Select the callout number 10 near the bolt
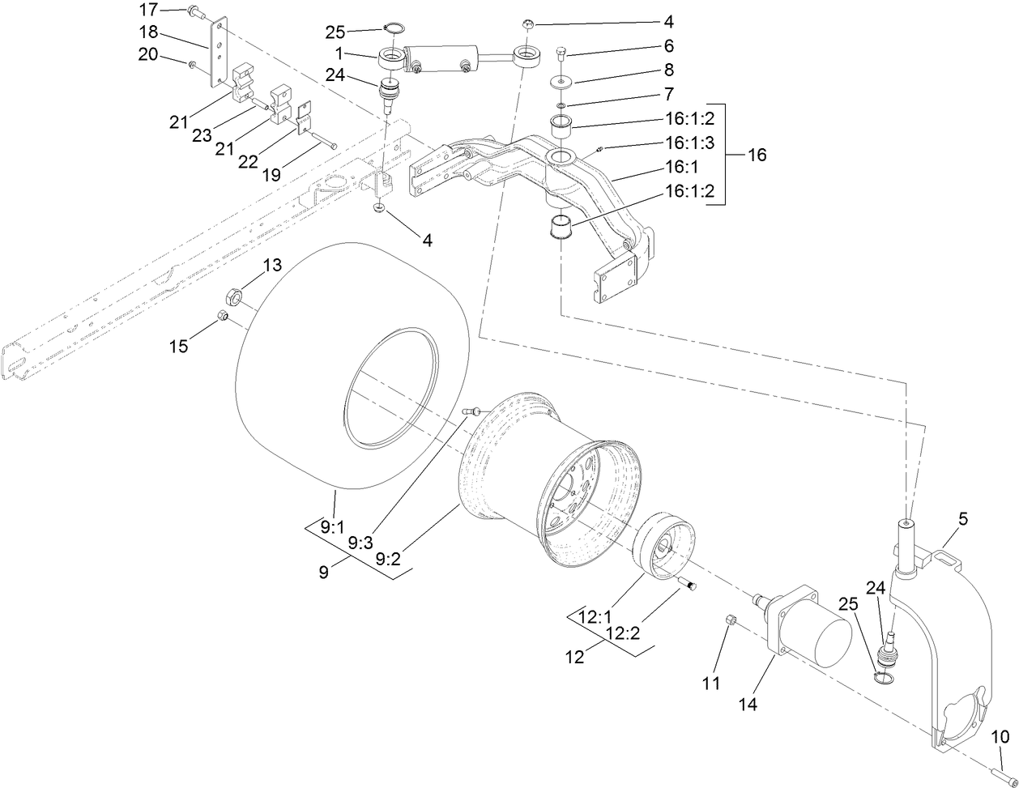click(x=1000, y=737)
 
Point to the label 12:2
click(x=622, y=634)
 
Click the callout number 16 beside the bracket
click(x=756, y=155)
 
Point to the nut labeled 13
click(x=229, y=296)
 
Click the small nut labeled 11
click(x=730, y=620)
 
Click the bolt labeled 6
click(x=562, y=56)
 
